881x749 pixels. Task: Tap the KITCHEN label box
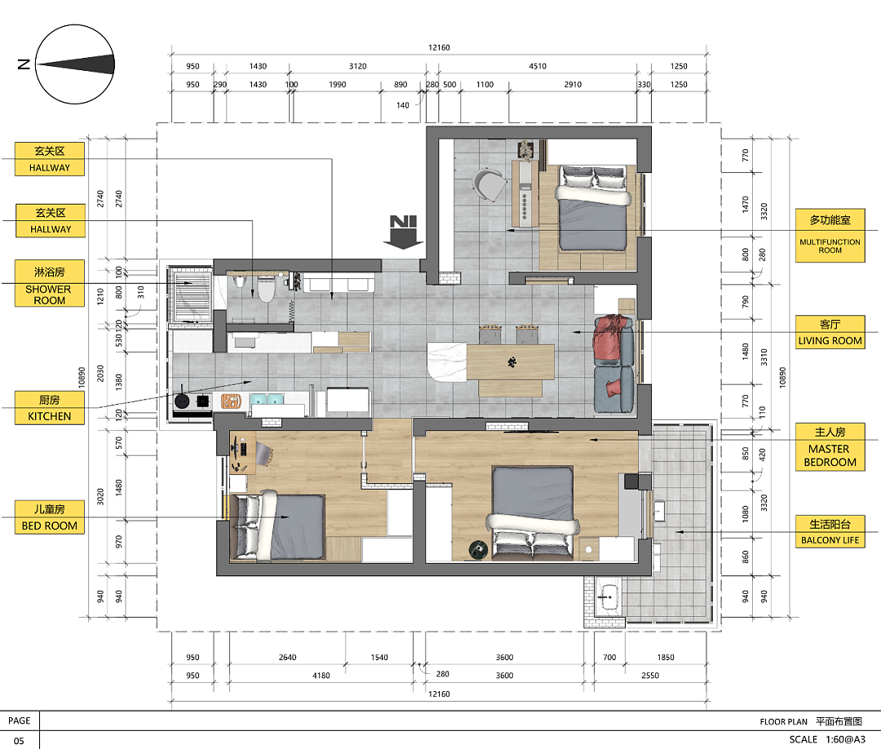[x=50, y=408]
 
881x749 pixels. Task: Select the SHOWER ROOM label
[x=50, y=283]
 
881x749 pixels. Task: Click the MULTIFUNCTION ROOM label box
[x=830, y=236]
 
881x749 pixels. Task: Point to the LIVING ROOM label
[x=830, y=332]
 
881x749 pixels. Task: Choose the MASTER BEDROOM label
[x=830, y=446]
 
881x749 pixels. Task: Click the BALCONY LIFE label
[x=830, y=531]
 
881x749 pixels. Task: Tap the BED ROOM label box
[x=50, y=517]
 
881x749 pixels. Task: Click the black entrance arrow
[x=404, y=232]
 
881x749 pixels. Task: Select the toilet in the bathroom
[x=265, y=288]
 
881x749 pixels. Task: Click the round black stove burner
[x=182, y=401]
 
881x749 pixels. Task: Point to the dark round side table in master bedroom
[x=478, y=550]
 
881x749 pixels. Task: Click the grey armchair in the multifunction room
[x=489, y=184]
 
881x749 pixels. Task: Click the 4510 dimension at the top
[x=537, y=66]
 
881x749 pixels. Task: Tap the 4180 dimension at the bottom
[x=321, y=676]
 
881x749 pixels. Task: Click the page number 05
[x=19, y=741]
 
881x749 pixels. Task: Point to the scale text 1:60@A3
[x=845, y=739]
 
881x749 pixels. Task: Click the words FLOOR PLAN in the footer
[x=783, y=721]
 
